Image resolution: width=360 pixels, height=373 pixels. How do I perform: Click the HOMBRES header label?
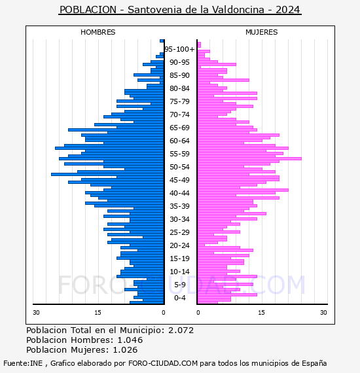(x=98, y=32)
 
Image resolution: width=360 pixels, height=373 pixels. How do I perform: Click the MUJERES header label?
(x=262, y=32)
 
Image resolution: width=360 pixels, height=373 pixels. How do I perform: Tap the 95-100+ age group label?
(x=179, y=49)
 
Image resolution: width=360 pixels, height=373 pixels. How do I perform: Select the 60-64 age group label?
(x=179, y=141)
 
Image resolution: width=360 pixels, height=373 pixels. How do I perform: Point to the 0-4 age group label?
(x=179, y=298)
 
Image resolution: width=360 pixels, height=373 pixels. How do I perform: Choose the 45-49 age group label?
(x=179, y=180)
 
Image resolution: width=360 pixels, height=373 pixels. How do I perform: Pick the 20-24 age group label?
(x=179, y=245)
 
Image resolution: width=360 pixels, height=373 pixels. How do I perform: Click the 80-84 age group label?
(x=179, y=88)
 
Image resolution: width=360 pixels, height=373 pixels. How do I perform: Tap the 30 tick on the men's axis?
(x=36, y=313)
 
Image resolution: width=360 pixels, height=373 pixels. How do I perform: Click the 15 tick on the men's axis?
(x=98, y=313)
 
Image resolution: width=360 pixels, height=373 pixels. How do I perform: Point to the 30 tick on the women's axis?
(x=323, y=313)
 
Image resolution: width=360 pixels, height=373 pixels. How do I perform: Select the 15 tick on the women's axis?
(x=262, y=313)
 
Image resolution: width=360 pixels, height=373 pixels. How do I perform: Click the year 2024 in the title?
(x=287, y=10)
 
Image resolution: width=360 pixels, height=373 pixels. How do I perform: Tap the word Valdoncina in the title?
(x=238, y=10)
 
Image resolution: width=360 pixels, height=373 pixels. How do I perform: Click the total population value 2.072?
(x=181, y=330)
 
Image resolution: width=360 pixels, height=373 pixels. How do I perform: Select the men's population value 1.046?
(x=130, y=340)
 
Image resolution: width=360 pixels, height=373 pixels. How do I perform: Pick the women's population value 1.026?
(x=125, y=349)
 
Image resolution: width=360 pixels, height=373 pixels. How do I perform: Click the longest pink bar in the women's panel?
(x=249, y=158)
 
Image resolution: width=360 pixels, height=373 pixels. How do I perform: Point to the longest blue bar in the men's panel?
(x=107, y=174)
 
